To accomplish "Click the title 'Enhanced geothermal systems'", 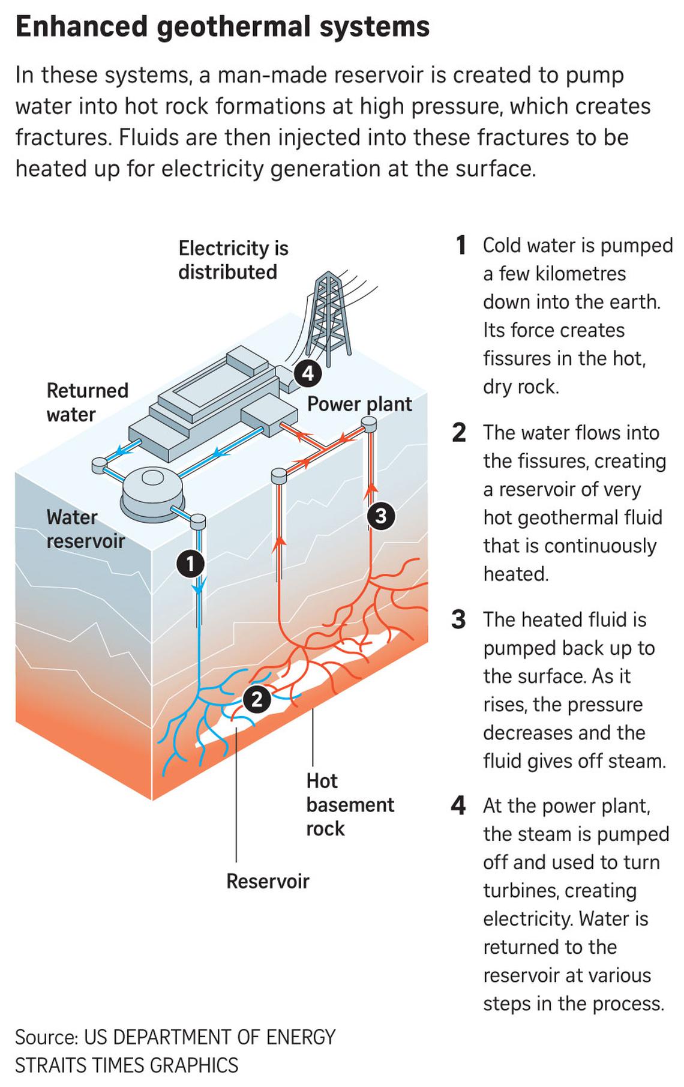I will point(222,27).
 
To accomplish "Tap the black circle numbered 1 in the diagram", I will point(191,564).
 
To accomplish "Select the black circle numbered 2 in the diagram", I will point(257,699).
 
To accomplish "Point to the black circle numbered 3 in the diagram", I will point(380,515).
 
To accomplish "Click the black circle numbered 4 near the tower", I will point(307,374).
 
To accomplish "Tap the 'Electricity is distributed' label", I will point(233,260).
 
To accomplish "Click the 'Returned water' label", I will point(87,402).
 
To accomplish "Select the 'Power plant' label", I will point(359,404).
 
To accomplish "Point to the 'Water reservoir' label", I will point(85,529).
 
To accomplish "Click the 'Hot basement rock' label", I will point(349,804).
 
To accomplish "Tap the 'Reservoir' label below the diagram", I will point(268,881).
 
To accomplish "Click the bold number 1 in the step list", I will point(460,245).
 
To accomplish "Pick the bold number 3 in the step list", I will point(458,619).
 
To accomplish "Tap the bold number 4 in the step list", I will point(458,806).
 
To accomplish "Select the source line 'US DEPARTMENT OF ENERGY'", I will point(209,1037).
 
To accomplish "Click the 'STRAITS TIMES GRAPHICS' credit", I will point(127,1065).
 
